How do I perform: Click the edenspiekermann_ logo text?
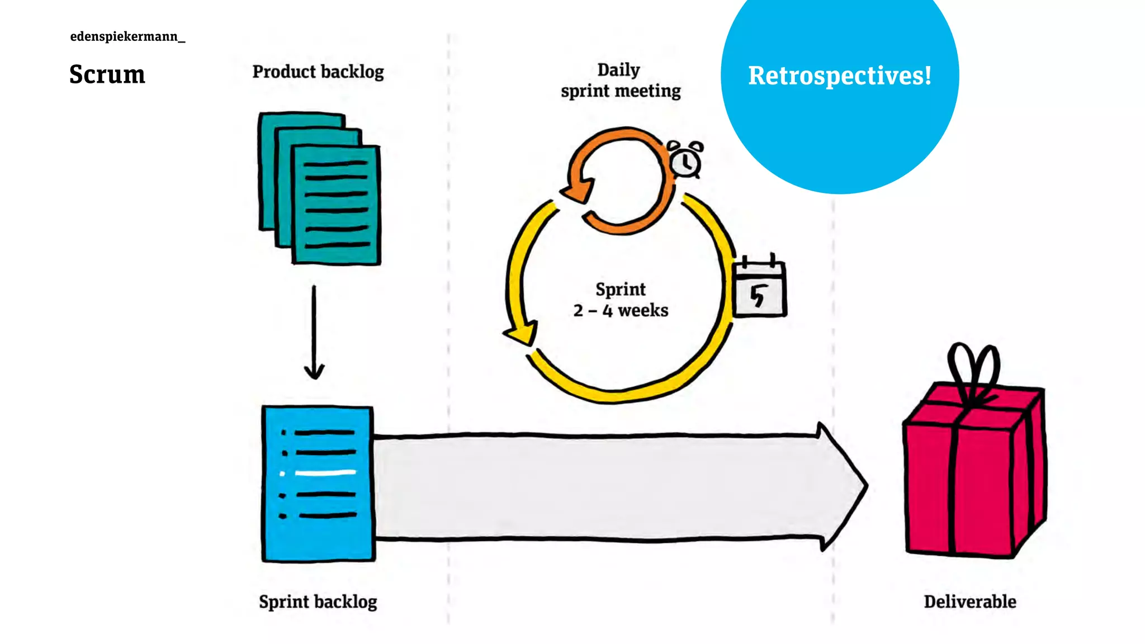(127, 37)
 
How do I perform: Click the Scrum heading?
(107, 74)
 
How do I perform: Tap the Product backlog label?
(318, 72)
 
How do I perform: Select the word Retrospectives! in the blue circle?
(840, 76)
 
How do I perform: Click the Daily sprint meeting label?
(621, 80)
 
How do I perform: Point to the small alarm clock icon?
(685, 160)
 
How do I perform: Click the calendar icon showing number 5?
(759, 290)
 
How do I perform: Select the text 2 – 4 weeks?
(621, 310)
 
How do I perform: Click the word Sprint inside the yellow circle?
(621, 289)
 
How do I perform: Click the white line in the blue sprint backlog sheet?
(325, 473)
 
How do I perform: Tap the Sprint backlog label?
(318, 602)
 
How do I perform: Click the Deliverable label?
(970, 602)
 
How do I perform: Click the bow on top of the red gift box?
(973, 369)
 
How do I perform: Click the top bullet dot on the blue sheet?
(284, 433)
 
